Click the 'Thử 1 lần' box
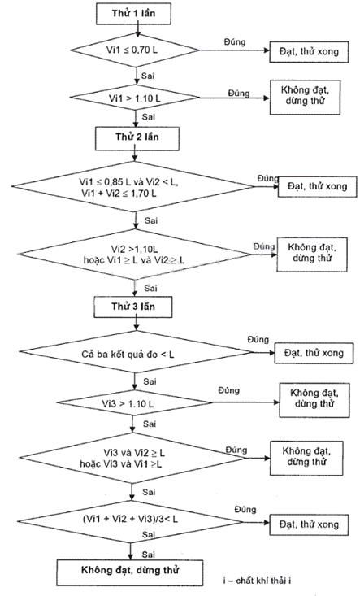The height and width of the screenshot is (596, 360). pyautogui.click(x=133, y=14)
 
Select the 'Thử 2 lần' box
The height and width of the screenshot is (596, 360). pyautogui.click(x=137, y=138)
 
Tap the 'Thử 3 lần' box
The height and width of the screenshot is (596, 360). pyautogui.click(x=133, y=307)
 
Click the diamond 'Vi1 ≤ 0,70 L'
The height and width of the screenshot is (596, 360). pyautogui.click(x=135, y=50)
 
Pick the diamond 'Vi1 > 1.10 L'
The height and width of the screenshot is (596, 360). pyautogui.click(x=135, y=98)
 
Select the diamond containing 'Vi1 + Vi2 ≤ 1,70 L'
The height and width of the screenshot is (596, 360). pyautogui.click(x=133, y=187)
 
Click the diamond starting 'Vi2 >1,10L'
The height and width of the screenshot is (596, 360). pyautogui.click(x=134, y=254)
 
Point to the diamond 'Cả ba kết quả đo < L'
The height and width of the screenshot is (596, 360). pyautogui.click(x=136, y=352)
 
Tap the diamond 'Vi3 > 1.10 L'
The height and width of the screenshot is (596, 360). pyautogui.click(x=133, y=403)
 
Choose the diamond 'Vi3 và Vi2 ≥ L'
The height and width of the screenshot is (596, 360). pyautogui.click(x=133, y=458)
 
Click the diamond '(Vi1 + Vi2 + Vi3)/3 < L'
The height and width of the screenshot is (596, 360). pyautogui.click(x=130, y=521)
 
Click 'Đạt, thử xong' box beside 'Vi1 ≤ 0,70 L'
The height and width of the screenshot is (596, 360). pyautogui.click(x=309, y=52)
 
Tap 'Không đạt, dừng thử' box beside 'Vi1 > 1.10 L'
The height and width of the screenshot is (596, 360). pyautogui.click(x=305, y=98)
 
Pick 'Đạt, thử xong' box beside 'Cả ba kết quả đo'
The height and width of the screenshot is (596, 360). pyautogui.click(x=314, y=353)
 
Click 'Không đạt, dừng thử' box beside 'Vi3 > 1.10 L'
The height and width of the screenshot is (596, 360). pyautogui.click(x=314, y=400)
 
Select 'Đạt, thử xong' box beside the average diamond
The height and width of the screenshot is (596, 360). pyautogui.click(x=309, y=525)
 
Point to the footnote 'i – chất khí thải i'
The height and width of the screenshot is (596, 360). pyautogui.click(x=258, y=581)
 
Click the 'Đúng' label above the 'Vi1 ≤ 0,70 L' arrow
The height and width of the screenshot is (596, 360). pyautogui.click(x=235, y=41)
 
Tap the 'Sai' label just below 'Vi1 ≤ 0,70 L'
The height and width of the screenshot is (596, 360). pyautogui.click(x=148, y=76)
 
